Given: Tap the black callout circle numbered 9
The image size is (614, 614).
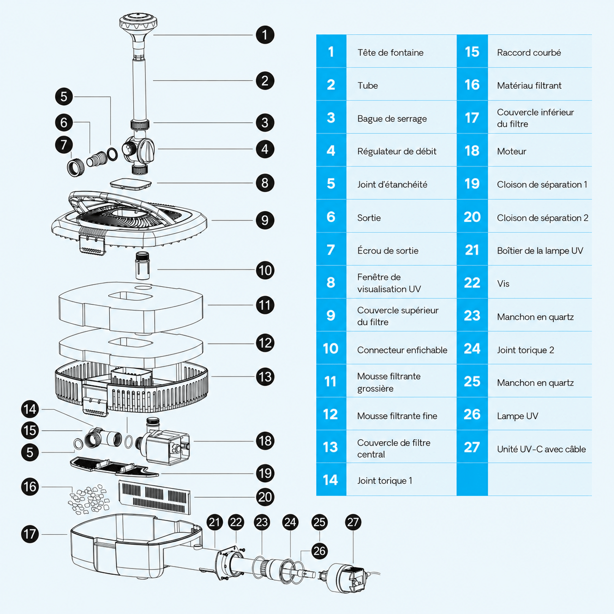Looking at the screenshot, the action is click(265, 220).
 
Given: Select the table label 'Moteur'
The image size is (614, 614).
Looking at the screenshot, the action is click(511, 151).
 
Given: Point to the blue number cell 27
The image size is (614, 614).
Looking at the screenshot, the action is click(472, 447).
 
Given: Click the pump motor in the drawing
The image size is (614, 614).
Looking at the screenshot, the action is click(163, 441).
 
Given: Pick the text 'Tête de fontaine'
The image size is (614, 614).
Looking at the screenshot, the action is click(390, 52).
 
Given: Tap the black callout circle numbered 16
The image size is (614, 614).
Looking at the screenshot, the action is click(30, 487).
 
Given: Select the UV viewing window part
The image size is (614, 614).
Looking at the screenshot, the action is click(131, 184).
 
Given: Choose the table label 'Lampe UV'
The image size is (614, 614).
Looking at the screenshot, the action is click(518, 416).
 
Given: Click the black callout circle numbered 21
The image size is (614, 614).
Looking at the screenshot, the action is click(214, 522).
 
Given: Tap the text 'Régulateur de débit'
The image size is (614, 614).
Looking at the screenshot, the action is click(397, 151).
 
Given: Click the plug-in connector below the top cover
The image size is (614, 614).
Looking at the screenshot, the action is click(142, 265).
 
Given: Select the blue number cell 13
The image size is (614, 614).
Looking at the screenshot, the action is click(331, 447).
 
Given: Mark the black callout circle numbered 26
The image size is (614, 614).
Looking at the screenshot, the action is click(319, 551).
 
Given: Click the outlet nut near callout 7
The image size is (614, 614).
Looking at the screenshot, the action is click(76, 166).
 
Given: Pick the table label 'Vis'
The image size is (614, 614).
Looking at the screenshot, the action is click(503, 283).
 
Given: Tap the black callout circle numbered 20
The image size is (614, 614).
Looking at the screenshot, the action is click(265, 497).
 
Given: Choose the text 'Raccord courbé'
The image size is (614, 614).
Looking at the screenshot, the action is click(529, 52).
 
